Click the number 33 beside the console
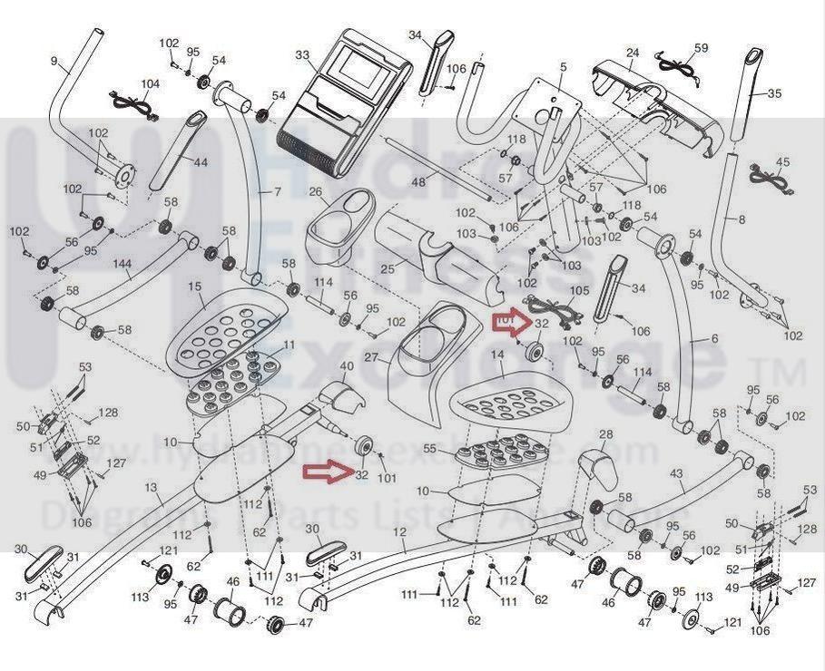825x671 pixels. (303, 54)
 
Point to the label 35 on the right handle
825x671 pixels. (774, 92)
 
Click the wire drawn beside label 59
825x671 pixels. (676, 64)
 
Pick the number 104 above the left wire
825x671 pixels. (150, 83)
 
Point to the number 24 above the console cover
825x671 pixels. (633, 53)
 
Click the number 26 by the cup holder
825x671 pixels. (316, 191)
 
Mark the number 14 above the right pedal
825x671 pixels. (497, 357)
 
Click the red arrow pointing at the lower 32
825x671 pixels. (326, 470)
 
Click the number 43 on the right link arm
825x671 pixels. (676, 474)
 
